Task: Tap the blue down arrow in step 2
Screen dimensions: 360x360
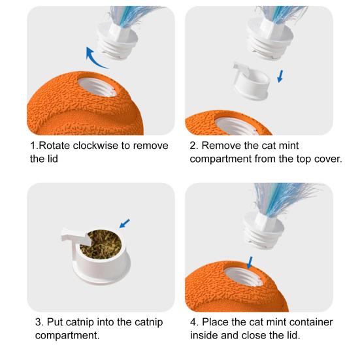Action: pyautogui.click(x=280, y=76)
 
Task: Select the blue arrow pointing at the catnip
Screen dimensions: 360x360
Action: pyautogui.click(x=124, y=223)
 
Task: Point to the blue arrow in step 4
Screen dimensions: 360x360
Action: pyautogui.click(x=250, y=263)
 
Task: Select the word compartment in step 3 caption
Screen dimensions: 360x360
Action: pyautogui.click(x=67, y=335)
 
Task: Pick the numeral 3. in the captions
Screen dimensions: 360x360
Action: pyautogui.click(x=39, y=322)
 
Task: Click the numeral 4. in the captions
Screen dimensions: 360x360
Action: pyautogui.click(x=195, y=322)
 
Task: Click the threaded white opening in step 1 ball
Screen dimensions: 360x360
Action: pyautogui.click(x=97, y=87)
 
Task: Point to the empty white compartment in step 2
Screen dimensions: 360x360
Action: pyautogui.click(x=251, y=81)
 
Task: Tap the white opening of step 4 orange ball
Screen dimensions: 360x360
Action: pyautogui.click(x=243, y=276)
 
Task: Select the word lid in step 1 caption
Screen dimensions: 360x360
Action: pyautogui.click(x=52, y=159)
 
